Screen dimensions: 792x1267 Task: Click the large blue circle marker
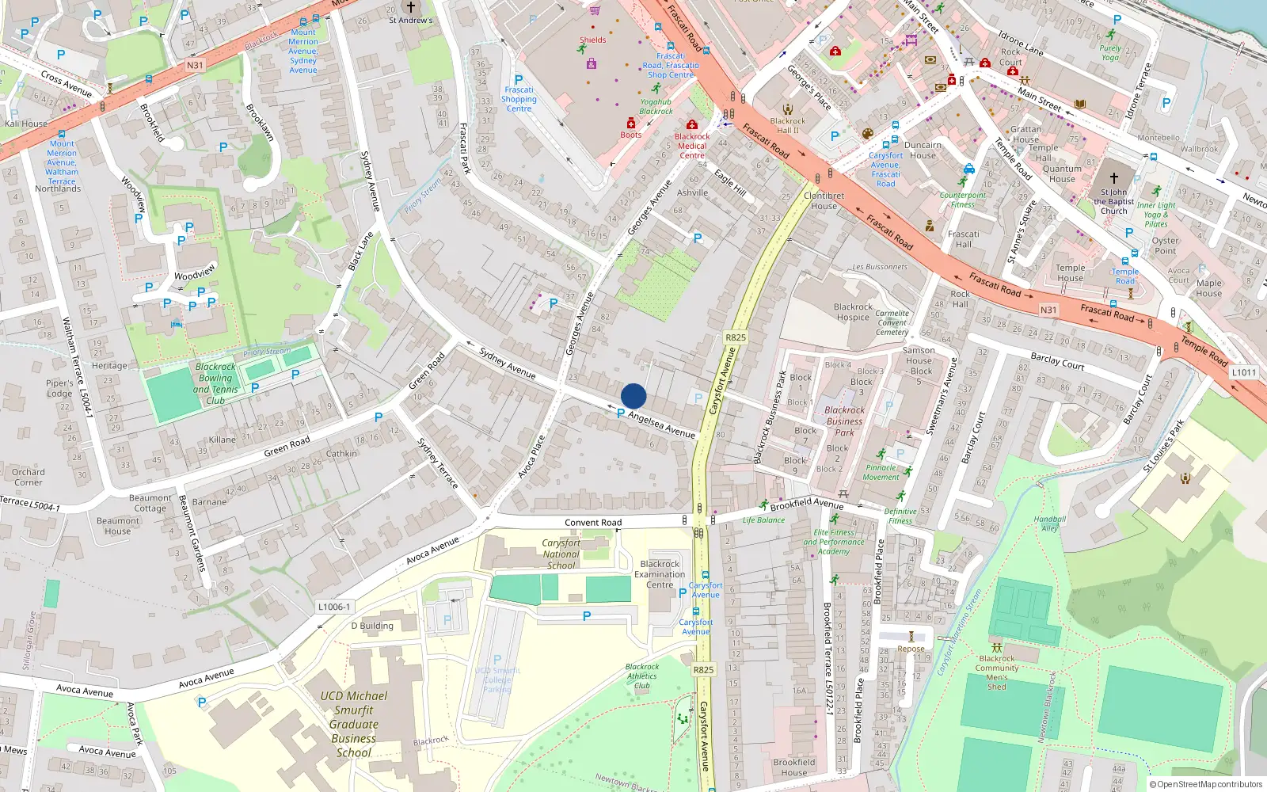click(633, 396)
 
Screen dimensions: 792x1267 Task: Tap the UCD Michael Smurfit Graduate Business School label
click(354, 724)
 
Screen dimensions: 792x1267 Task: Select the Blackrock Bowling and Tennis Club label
click(215, 383)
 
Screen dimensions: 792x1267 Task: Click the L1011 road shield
click(1244, 372)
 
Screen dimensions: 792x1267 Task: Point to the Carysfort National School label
click(561, 554)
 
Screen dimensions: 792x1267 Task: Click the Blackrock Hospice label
click(853, 312)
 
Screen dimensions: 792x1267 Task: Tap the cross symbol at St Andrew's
click(410, 7)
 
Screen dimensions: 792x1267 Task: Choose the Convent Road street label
click(593, 523)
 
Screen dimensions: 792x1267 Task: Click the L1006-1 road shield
click(333, 607)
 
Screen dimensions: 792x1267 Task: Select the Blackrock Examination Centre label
click(660, 574)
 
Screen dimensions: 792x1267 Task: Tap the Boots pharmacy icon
click(631, 123)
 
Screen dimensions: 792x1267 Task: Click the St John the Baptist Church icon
click(1113, 178)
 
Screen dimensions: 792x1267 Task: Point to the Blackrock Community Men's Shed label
click(997, 672)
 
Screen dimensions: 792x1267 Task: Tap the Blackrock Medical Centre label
click(692, 146)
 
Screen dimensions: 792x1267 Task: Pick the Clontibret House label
click(824, 200)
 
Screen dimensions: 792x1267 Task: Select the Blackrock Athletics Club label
click(641, 676)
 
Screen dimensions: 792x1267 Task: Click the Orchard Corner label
click(29, 477)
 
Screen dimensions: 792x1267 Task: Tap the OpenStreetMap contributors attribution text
click(1206, 784)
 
